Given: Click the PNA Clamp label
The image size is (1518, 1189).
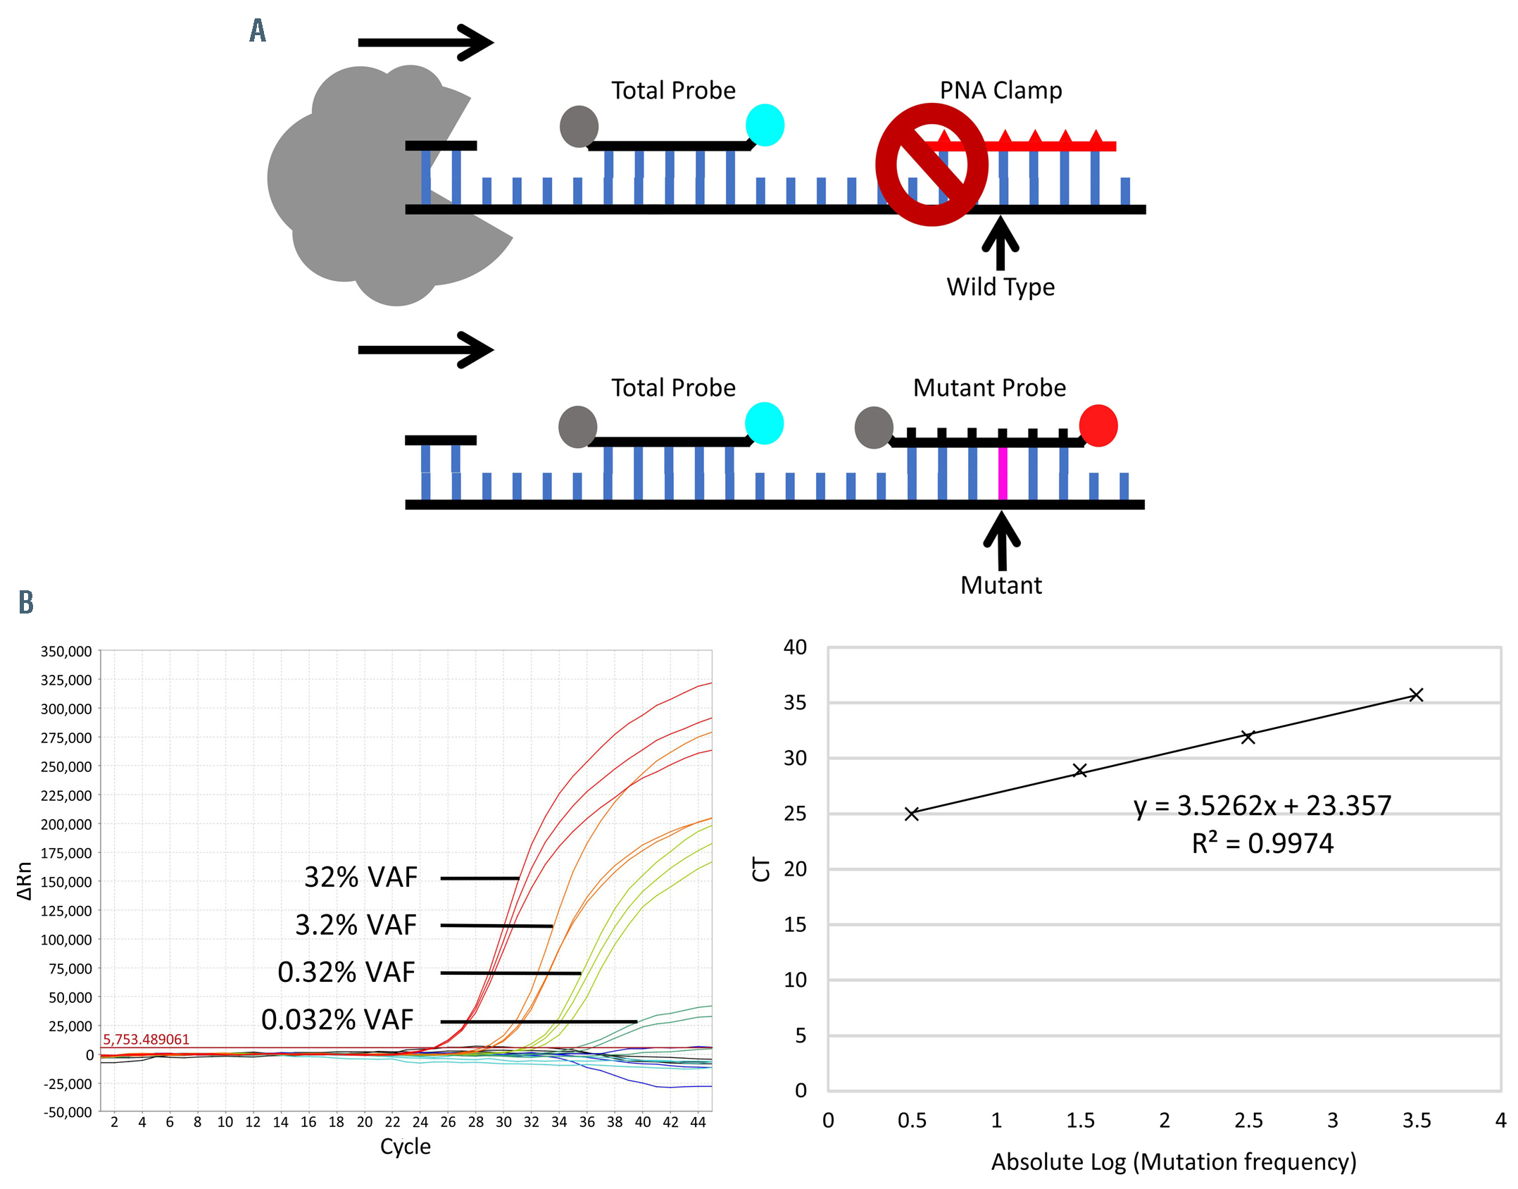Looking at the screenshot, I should (x=1000, y=90).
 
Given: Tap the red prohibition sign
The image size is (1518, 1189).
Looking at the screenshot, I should (x=931, y=165).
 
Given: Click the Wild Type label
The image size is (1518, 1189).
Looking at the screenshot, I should (x=1000, y=287).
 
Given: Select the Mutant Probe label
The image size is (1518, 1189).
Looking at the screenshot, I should (x=989, y=388).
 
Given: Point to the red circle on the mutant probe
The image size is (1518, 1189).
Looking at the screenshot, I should (x=1098, y=425).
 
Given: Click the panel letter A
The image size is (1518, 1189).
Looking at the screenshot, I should (x=258, y=30).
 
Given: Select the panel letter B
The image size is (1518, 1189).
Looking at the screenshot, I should (x=26, y=602).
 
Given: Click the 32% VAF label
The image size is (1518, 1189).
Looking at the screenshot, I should (x=360, y=878).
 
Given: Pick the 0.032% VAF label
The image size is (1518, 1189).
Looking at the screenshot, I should (x=337, y=1020).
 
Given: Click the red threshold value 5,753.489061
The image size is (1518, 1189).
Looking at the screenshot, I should (x=146, y=1040).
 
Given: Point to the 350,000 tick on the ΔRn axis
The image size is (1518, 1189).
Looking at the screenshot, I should (x=66, y=652).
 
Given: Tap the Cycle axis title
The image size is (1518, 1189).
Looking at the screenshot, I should (x=405, y=1146).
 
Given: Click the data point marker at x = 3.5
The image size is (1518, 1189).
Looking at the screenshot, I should (x=1416, y=695).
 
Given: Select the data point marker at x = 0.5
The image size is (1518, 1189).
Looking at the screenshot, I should (x=912, y=814).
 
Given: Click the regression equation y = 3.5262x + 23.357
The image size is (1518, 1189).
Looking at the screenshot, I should (x=1262, y=806).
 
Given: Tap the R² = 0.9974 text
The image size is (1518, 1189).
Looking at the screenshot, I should (x=1262, y=843).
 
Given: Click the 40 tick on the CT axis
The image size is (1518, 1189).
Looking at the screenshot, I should (x=795, y=647).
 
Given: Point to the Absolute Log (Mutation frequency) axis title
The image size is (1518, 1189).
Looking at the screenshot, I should (x=1173, y=1162).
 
